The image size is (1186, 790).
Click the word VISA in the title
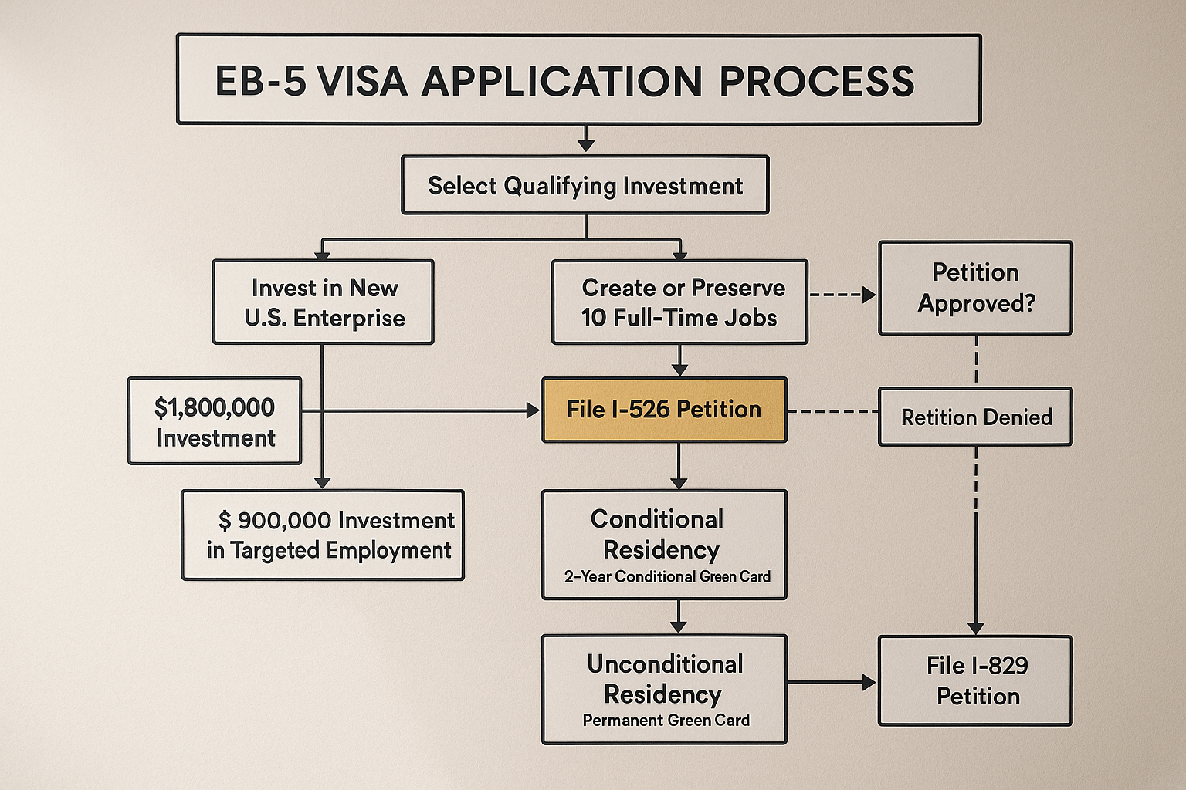tap(361, 81)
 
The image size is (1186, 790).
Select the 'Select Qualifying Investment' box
tap(585, 185)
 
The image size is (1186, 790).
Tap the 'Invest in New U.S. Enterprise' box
tap(324, 302)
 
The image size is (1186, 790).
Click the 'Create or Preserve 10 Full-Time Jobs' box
tap(679, 302)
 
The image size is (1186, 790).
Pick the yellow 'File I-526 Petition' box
tap(664, 410)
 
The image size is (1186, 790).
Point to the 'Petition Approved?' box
tap(976, 288)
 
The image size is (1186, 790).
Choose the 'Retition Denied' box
tap(976, 417)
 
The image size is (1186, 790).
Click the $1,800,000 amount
tap(215, 407)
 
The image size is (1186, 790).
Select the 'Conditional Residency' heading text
tap(660, 534)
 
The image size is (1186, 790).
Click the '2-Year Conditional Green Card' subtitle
tap(667, 576)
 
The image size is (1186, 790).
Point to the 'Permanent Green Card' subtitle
tap(666, 721)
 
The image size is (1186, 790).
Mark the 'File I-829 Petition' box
tap(976, 680)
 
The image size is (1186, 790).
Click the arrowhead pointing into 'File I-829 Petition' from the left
tap(869, 682)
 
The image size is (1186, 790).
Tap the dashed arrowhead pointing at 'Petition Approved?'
tap(869, 295)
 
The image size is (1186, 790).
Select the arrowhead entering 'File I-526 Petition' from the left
tap(534, 411)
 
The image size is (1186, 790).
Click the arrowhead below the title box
tap(586, 144)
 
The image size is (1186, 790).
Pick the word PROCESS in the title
tap(817, 81)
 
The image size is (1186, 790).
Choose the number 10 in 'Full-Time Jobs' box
tap(595, 318)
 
